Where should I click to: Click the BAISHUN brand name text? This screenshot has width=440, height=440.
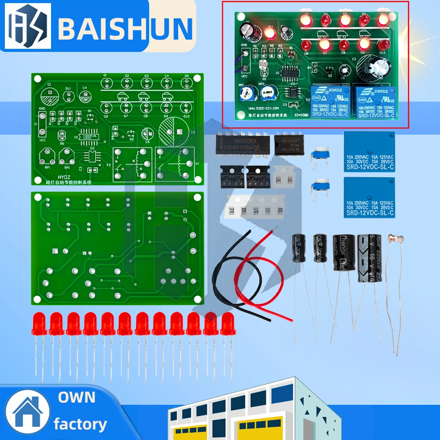(x=125, y=27)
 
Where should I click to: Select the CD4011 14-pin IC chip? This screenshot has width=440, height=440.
(x=240, y=144)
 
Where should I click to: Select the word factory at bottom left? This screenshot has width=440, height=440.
(x=80, y=424)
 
